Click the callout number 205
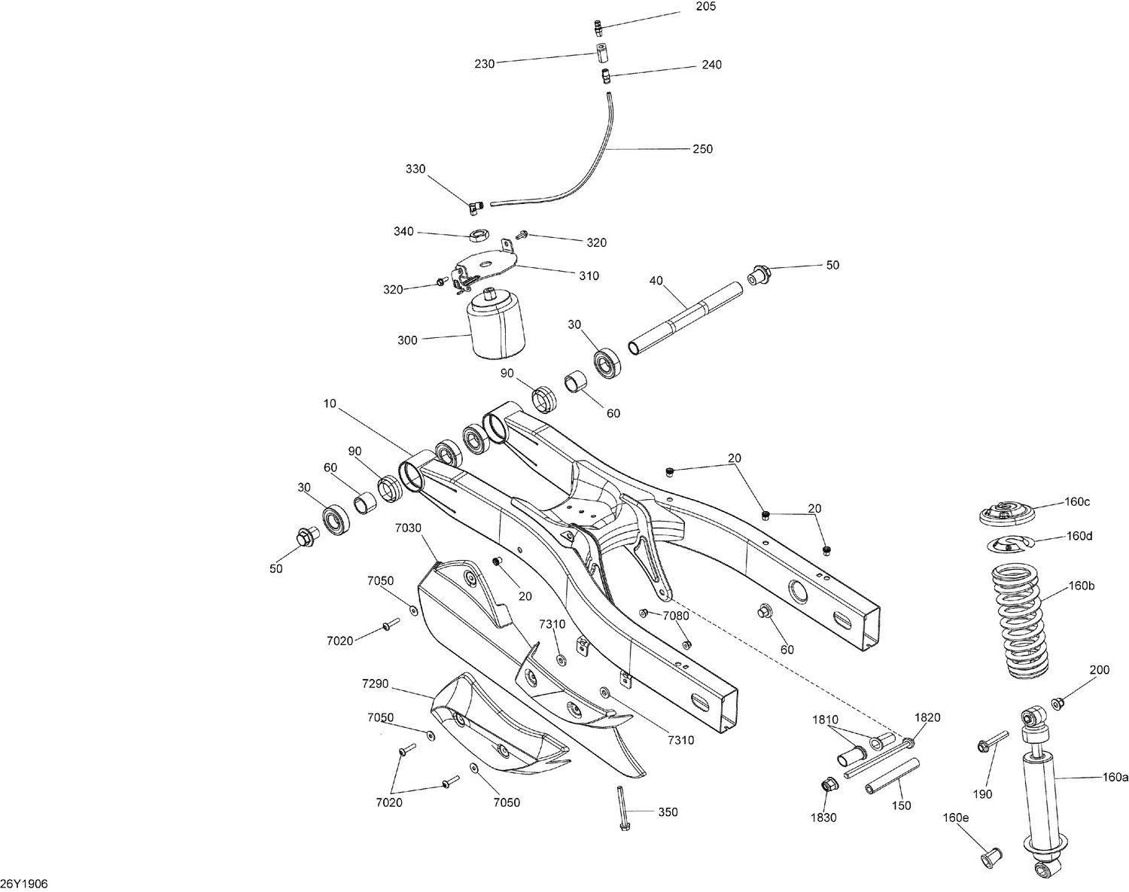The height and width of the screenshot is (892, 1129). click(706, 7)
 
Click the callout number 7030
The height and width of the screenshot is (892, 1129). click(409, 528)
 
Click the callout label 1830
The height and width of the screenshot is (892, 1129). click(823, 818)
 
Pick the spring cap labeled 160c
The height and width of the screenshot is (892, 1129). click(1006, 514)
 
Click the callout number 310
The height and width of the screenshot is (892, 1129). click(589, 276)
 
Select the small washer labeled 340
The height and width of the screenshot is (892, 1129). click(476, 236)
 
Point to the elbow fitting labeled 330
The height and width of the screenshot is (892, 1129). click(473, 205)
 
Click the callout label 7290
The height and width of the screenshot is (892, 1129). click(375, 683)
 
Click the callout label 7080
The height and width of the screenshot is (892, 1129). click(675, 616)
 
